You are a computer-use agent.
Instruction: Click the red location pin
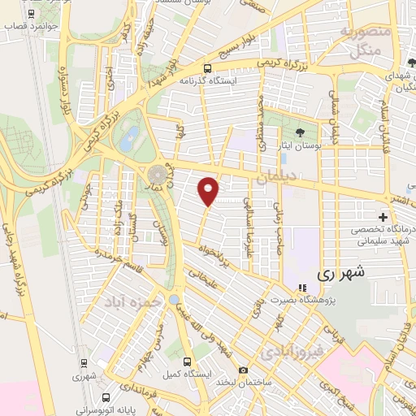(209, 191)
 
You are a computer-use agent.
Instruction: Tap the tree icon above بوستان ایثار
(300, 132)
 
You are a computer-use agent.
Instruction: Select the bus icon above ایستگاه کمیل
(188, 362)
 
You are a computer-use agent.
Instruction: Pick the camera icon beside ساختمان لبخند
(220, 370)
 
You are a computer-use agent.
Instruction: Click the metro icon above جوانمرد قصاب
(31, 14)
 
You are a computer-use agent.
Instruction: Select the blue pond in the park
(128, 139)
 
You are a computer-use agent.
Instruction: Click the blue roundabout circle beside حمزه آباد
(174, 301)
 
